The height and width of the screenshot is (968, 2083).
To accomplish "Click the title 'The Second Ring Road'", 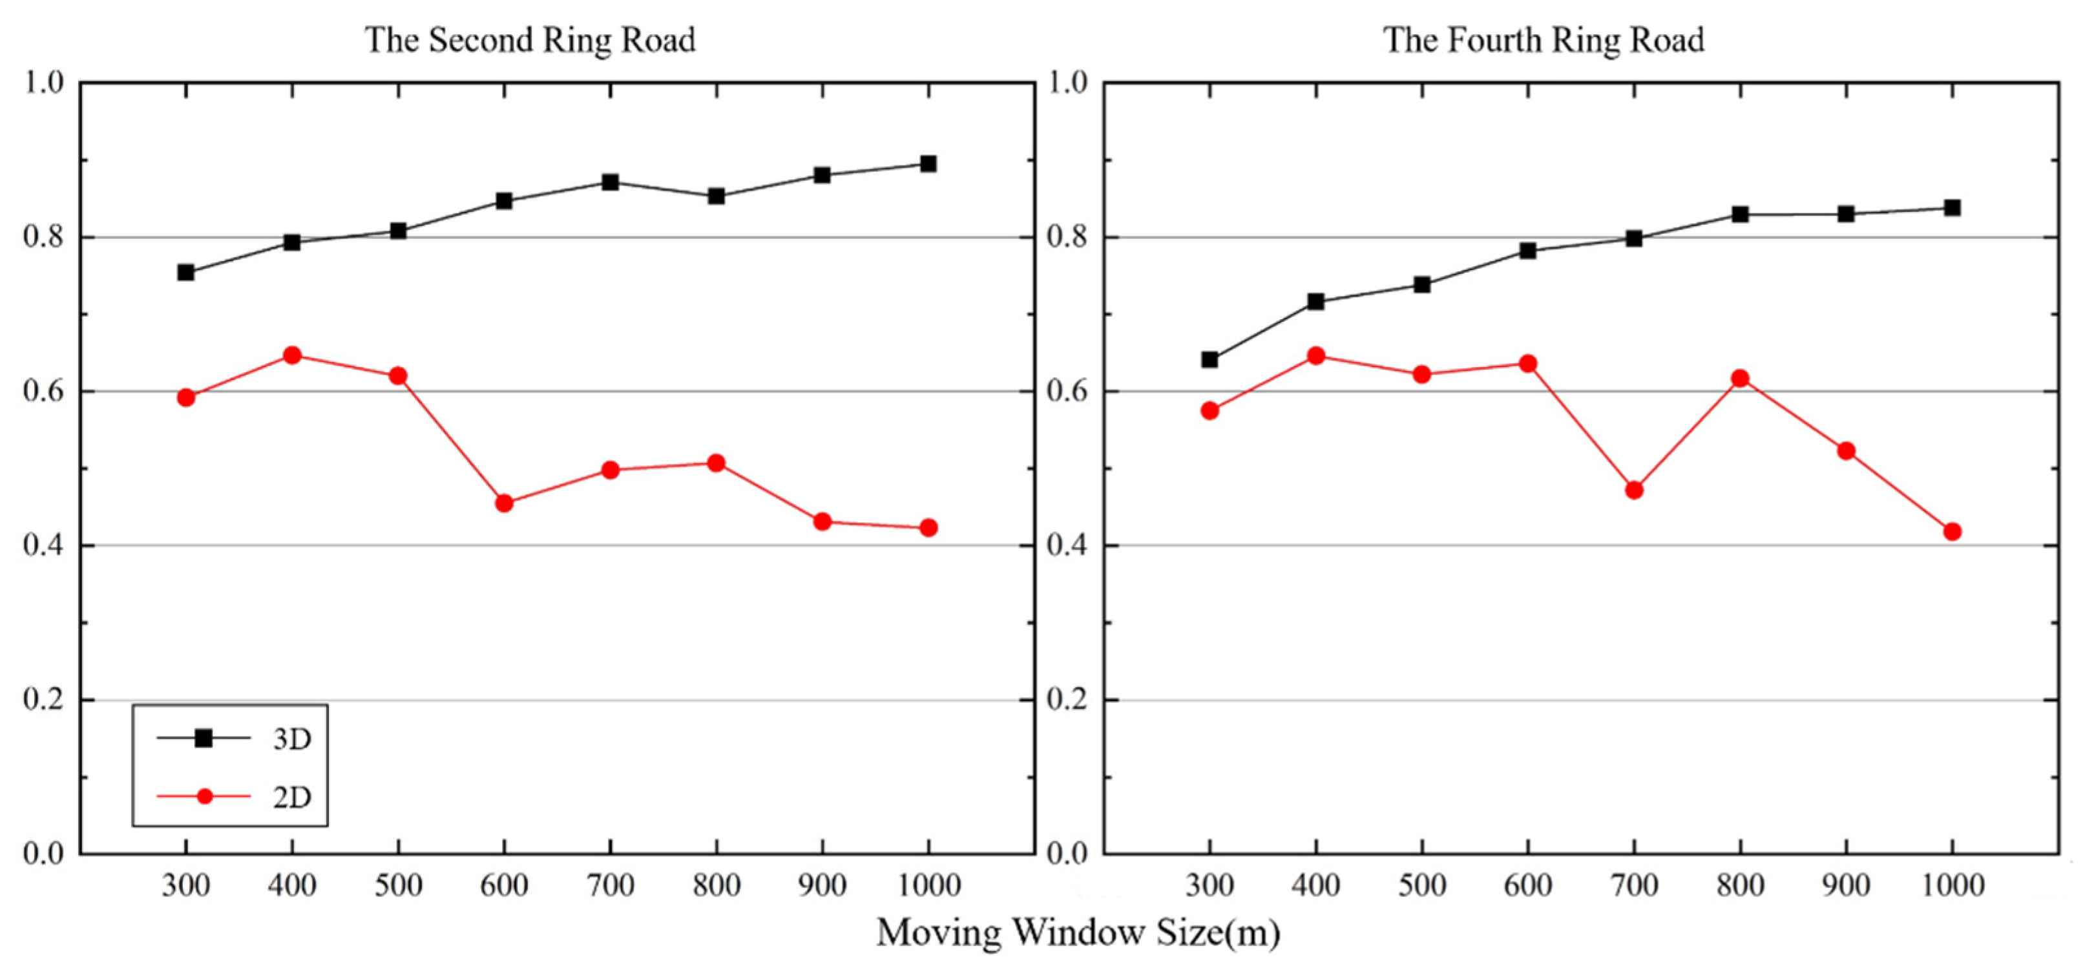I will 530,39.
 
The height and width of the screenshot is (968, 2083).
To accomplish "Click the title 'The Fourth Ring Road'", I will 1544,39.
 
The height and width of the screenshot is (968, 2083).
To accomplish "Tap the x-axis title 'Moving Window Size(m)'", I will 1078,932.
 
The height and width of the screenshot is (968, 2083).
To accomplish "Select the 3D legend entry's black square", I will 204,737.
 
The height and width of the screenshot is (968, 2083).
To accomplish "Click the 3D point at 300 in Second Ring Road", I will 186,273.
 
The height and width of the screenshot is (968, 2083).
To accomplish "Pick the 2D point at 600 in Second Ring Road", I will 504,503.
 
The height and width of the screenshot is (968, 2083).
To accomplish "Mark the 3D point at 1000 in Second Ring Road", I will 928,164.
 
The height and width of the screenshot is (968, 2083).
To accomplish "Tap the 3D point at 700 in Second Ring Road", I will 611,182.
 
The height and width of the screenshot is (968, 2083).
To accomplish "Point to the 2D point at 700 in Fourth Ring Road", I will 1633,490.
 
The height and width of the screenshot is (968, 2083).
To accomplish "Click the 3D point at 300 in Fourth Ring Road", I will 1209,359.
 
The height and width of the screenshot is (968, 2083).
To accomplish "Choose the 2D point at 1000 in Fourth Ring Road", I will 1952,531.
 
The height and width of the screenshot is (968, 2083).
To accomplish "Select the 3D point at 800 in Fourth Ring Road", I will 1740,215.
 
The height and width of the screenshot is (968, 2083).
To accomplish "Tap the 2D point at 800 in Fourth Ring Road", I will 1740,379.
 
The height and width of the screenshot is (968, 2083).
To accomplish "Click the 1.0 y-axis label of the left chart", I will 44,83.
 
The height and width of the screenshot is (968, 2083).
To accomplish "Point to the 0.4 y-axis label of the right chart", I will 1067,546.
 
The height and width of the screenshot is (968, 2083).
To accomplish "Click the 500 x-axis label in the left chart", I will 398,885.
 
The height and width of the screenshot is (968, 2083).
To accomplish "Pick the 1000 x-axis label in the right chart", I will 1952,885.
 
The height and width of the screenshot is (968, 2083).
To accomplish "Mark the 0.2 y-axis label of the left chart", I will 44,700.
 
